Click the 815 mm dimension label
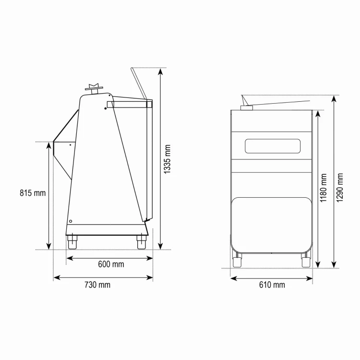tap(33, 193)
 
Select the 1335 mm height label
tap(167, 159)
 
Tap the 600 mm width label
tap(111, 264)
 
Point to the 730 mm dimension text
tap(97, 285)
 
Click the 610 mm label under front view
tap(272, 285)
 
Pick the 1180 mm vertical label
tap(323, 188)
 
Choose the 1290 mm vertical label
tap(339, 188)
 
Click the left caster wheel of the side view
tap(72, 242)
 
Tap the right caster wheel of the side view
tap(141, 242)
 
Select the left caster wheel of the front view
tap(237, 261)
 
